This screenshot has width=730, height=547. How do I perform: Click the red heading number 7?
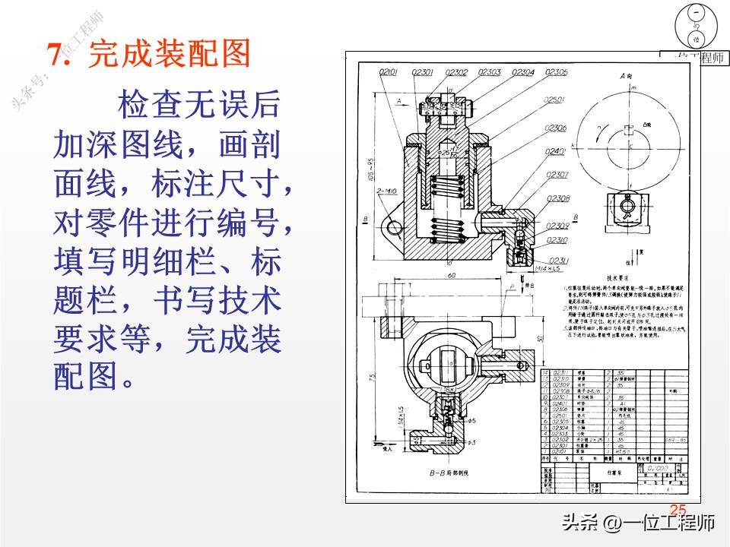pyautogui.click(x=56, y=55)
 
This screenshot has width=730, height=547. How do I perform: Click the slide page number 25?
pyautogui.click(x=678, y=510)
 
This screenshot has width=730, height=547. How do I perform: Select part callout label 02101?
pyautogui.click(x=389, y=72)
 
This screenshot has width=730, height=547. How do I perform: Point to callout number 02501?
pyautogui.click(x=556, y=100)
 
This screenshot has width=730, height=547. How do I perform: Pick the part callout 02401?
pyautogui.click(x=557, y=152)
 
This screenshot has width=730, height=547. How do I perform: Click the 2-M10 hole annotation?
pyautogui.click(x=386, y=191)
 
